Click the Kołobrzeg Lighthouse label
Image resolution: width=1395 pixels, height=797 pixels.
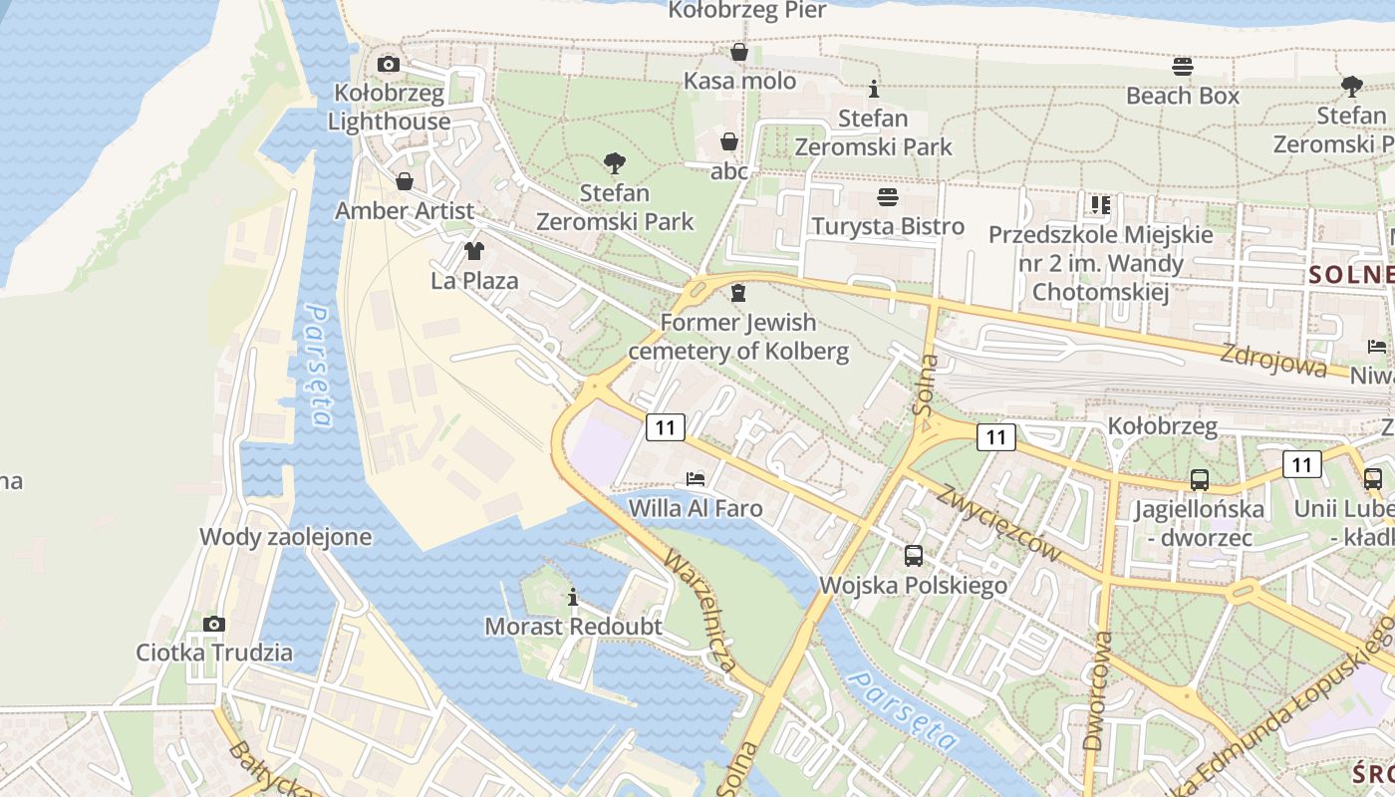[x=390, y=108]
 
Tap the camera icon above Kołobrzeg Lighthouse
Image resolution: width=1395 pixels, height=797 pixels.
[x=389, y=65]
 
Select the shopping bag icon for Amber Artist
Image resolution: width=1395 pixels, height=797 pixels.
[x=405, y=181]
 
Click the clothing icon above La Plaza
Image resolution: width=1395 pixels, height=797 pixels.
[x=474, y=250]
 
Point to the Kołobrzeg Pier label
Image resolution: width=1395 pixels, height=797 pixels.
[x=747, y=11]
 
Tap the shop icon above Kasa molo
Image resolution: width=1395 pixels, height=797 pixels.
[x=739, y=52]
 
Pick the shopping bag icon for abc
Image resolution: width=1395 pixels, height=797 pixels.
[x=729, y=141]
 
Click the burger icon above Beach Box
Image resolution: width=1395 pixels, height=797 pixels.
[x=1183, y=67]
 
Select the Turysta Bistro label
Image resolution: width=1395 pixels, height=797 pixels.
[x=888, y=226]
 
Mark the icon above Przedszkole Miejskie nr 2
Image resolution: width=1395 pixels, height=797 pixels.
[x=1100, y=205]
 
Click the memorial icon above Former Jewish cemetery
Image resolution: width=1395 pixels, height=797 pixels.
[x=737, y=293]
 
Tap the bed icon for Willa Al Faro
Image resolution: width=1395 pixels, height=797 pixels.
[x=696, y=478]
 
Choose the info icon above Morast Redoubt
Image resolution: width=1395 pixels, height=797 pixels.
[x=573, y=597]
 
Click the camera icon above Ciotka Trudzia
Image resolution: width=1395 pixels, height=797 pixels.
[x=214, y=624]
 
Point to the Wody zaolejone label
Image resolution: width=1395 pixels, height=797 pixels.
[x=285, y=537]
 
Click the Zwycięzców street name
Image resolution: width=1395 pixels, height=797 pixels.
[x=999, y=524]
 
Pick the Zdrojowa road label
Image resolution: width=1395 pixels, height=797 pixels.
[x=1275, y=357]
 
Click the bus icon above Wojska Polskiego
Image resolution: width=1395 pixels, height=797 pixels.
[x=914, y=556]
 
